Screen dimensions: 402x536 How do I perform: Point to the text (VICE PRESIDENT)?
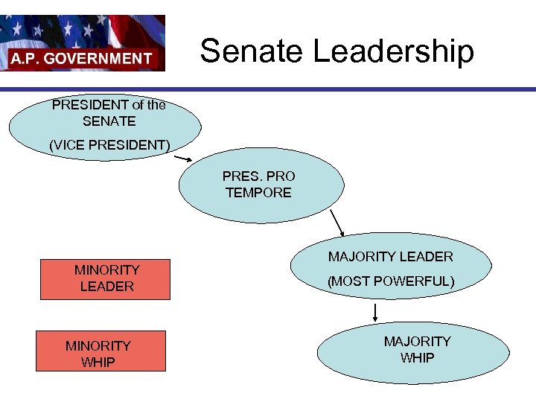click(109, 145)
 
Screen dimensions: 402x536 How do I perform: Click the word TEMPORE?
click(258, 193)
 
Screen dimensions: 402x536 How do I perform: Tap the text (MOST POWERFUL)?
click(391, 281)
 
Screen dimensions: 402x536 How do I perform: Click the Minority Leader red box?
click(106, 278)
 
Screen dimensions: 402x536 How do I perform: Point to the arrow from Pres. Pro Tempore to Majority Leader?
click(337, 222)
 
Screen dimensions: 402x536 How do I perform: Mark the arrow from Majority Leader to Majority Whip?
click(375, 312)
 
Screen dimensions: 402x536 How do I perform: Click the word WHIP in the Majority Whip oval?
click(418, 357)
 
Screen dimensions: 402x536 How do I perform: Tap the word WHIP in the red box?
click(98, 362)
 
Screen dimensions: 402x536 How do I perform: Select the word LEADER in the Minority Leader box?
click(106, 286)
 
